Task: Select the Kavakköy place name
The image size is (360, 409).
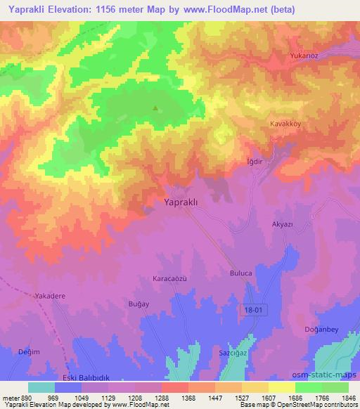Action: [x=286, y=123]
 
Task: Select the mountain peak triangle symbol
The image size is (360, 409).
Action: [x=155, y=108]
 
